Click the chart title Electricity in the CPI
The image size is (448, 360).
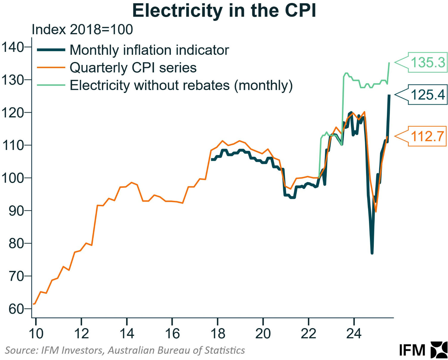[x=224, y=11]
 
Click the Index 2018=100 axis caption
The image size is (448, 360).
[x=82, y=30]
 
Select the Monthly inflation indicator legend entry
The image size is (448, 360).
[x=149, y=50]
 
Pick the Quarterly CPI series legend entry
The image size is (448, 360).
[x=133, y=68]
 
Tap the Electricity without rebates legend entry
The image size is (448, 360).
[x=181, y=85]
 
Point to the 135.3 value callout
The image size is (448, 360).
[x=427, y=63]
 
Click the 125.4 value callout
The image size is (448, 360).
[x=427, y=95]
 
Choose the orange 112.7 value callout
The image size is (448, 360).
[x=427, y=136]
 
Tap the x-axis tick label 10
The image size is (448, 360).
[x=36, y=333]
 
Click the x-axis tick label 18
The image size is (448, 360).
[x=218, y=333]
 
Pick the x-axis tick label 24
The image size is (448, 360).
[x=354, y=333]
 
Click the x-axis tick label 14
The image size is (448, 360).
[x=127, y=333]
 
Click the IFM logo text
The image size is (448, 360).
[x=412, y=350]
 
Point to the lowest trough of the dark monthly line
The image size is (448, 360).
[x=372, y=253]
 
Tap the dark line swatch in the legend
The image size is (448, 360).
[x=51, y=50]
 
